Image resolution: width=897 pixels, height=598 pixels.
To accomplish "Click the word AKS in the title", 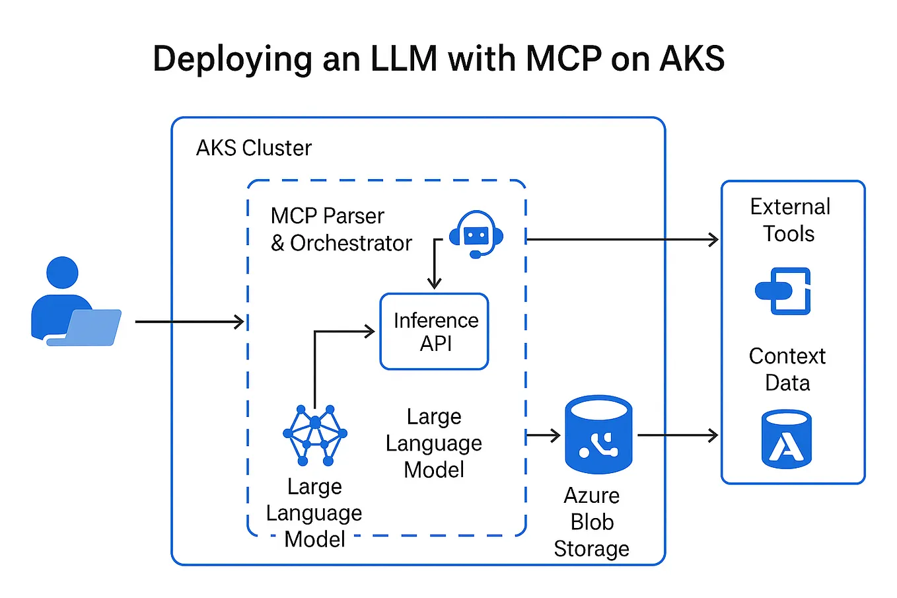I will click(692, 58).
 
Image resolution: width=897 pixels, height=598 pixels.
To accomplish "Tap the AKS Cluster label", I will click(254, 148).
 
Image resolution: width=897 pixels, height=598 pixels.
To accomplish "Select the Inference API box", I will click(435, 331).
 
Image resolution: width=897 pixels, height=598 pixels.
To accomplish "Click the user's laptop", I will click(89, 326).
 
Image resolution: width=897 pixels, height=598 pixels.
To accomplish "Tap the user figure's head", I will click(63, 272).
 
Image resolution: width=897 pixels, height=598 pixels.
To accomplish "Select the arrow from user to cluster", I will click(190, 322).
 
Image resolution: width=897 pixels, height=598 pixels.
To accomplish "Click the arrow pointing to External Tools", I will click(621, 240).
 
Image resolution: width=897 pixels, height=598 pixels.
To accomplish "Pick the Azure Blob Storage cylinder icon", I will click(598, 435).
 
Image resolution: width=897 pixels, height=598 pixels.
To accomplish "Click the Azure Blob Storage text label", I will click(592, 522).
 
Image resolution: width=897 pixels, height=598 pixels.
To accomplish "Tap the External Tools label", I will click(790, 220).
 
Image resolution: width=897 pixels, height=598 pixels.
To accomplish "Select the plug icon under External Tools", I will click(784, 291).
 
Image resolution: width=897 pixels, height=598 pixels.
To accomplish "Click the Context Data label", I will click(787, 369).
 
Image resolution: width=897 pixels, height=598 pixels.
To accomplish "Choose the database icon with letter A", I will click(786, 439).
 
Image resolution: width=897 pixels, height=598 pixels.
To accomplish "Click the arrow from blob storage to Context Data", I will click(677, 435).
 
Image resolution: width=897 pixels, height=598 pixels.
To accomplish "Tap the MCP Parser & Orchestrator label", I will click(341, 230).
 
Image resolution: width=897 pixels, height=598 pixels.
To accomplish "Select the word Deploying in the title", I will click(232, 58).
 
